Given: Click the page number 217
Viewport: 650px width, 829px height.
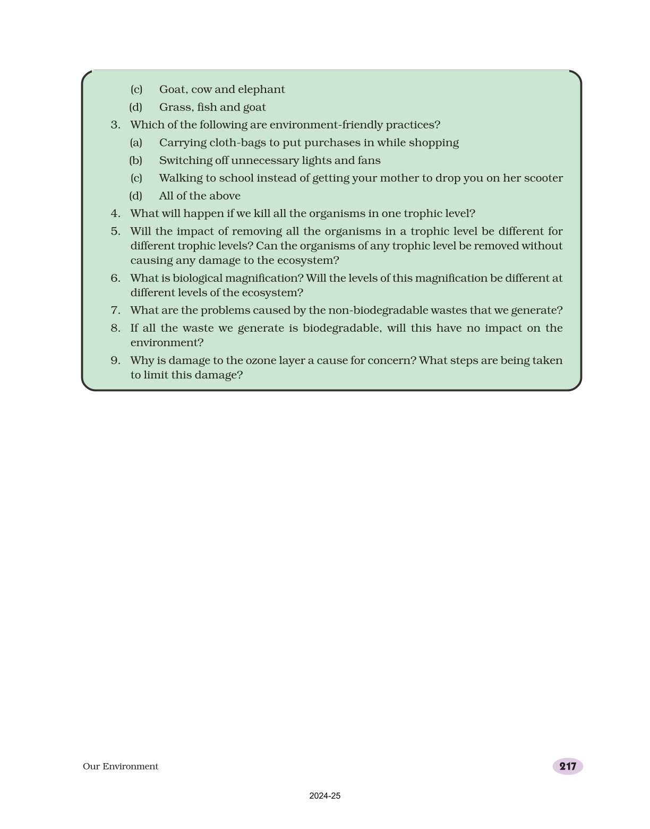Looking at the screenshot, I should point(568,766).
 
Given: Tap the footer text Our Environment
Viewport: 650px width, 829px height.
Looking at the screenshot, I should point(121,766).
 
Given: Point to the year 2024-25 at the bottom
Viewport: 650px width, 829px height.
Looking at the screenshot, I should point(324,796).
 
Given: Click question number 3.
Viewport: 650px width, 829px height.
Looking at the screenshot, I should point(115,125).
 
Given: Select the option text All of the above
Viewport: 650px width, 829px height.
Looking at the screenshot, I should point(200,196).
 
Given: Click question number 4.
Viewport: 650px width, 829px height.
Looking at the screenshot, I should point(115,213).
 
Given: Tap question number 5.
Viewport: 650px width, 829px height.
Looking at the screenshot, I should point(115,231).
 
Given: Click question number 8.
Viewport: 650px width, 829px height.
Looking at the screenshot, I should point(115,328).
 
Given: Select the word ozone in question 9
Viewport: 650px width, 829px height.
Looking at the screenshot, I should point(260,360).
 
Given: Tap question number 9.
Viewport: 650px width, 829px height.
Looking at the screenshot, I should point(115,360).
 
